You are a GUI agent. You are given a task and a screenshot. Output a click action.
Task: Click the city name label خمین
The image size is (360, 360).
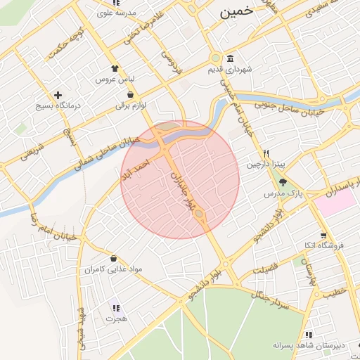pos(234,12)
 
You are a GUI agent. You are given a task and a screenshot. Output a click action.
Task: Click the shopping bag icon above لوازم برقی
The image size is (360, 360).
pos(131,94)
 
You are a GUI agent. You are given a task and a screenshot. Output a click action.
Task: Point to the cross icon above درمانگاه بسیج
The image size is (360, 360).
pos(58,94)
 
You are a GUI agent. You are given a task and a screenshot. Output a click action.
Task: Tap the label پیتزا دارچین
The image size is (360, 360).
pos(262,165)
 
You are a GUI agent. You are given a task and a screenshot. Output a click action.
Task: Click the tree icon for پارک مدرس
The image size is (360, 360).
pos(283,181)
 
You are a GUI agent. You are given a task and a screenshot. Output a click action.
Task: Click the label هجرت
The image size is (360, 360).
pos(115,319)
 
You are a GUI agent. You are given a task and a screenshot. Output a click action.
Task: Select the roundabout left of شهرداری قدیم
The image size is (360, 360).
pos(214,59)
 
